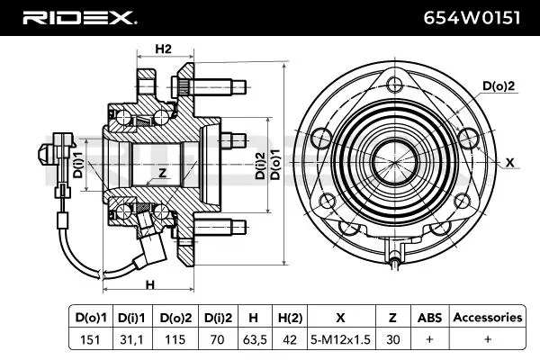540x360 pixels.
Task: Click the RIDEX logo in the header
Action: [80, 18]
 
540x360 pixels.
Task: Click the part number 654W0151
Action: [472, 18]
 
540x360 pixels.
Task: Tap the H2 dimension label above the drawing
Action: [163, 49]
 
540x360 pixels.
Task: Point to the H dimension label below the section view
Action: [150, 285]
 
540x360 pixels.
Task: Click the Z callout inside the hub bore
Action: [162, 173]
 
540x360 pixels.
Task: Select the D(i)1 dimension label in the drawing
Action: [78, 165]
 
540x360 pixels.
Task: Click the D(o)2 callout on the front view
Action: [499, 85]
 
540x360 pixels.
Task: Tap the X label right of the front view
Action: [510, 162]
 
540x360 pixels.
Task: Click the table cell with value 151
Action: [90, 339]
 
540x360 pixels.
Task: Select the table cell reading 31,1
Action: [132, 339]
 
